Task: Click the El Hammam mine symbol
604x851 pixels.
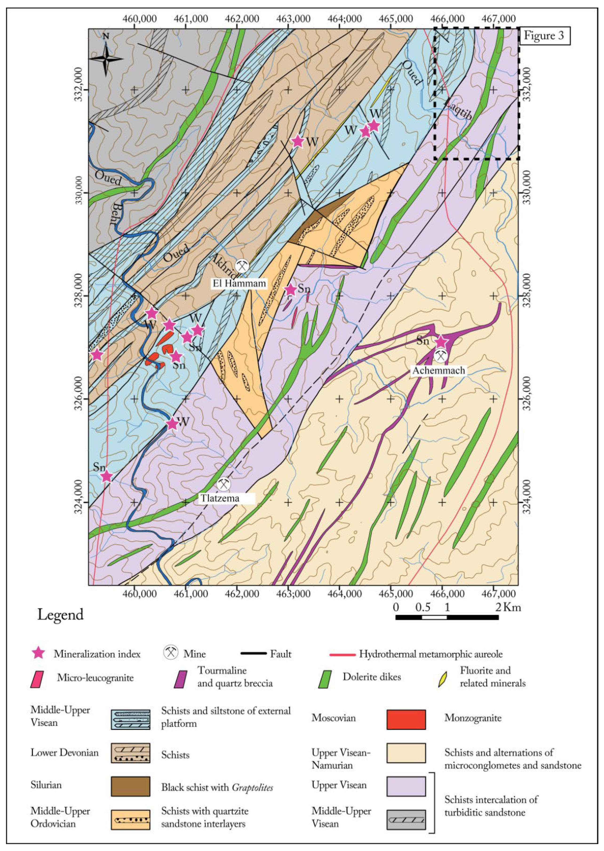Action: tap(242, 266)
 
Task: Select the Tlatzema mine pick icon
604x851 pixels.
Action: tap(223, 484)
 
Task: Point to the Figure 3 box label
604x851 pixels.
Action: tap(544, 36)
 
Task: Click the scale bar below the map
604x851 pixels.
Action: tap(447, 618)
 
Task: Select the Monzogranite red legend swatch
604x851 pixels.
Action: tap(406, 719)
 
